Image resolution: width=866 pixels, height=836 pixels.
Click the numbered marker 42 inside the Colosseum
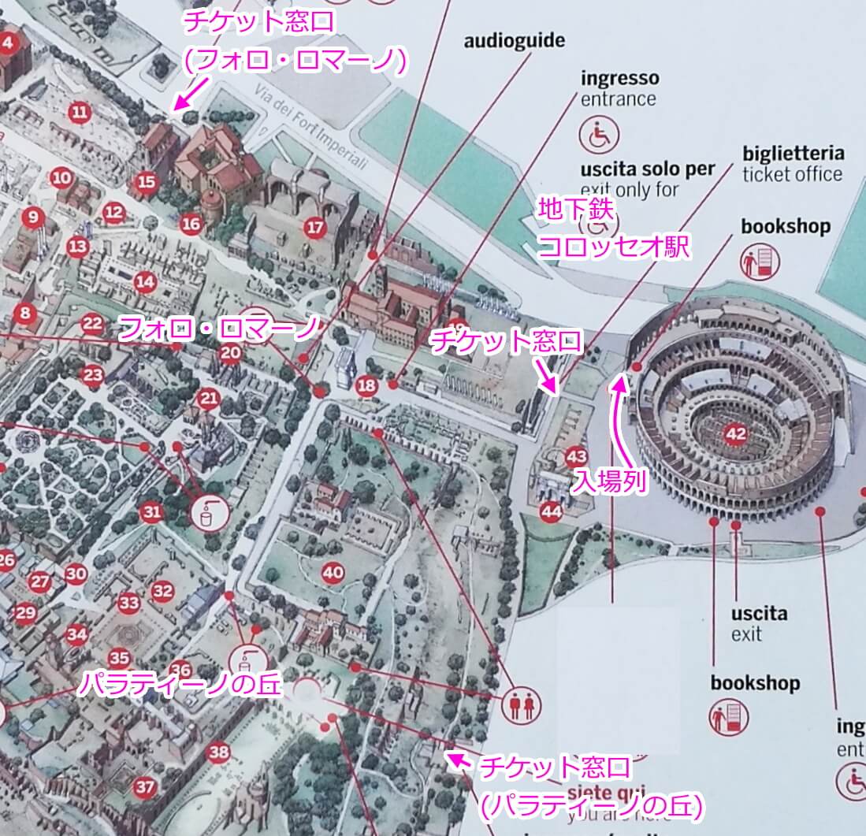(x=735, y=434)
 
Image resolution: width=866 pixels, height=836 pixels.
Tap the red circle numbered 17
(x=314, y=229)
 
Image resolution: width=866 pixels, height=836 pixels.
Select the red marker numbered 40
(x=333, y=573)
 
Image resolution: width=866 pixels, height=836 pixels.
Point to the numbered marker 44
(x=552, y=512)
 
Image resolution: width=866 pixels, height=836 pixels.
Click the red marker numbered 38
(x=218, y=752)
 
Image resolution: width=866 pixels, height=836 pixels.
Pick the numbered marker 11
(x=79, y=112)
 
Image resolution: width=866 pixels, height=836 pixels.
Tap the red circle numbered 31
(x=152, y=513)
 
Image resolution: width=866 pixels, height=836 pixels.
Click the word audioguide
(x=514, y=41)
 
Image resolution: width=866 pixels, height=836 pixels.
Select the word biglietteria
(x=793, y=153)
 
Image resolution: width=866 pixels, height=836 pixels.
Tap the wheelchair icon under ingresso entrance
(x=600, y=136)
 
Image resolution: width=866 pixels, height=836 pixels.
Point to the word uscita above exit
(x=758, y=613)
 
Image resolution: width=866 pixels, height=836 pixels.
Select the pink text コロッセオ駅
(x=613, y=248)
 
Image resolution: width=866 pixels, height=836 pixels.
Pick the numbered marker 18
(x=366, y=386)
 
